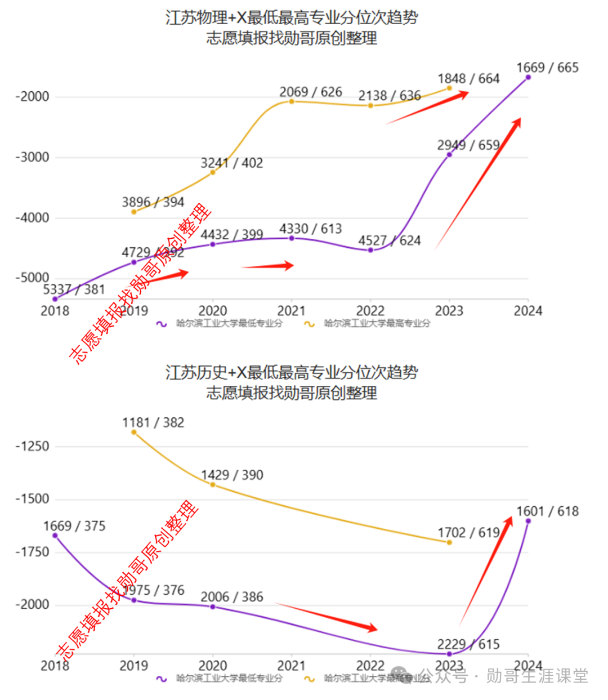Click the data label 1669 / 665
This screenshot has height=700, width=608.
[x=547, y=68]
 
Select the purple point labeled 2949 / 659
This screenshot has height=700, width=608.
[x=449, y=154]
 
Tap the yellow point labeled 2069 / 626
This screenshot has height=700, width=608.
[x=292, y=101]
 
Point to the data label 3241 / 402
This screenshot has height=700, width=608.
[x=232, y=163]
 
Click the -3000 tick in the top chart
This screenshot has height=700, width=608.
[x=32, y=157]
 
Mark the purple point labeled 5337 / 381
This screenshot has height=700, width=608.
[x=55, y=299]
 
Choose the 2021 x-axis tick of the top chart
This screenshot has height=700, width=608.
[x=292, y=311]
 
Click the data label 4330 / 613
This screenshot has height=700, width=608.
[x=311, y=229]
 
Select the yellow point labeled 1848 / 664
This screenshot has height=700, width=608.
[x=449, y=88]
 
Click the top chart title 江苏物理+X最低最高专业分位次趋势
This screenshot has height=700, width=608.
[x=292, y=17]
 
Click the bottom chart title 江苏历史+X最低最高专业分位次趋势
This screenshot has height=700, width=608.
[x=292, y=372]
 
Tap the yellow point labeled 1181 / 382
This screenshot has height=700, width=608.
[x=134, y=432]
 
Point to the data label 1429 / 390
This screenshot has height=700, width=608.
[x=232, y=475]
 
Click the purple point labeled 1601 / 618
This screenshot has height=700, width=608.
[x=528, y=521]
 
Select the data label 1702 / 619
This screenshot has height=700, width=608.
[x=468, y=533]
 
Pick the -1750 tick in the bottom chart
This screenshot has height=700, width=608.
[x=32, y=552]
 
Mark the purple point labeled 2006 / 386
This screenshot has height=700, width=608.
[x=213, y=607]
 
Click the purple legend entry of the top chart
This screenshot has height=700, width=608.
[x=220, y=324]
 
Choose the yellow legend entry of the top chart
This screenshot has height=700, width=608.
[x=367, y=324]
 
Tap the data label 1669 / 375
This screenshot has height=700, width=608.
[x=74, y=526]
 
